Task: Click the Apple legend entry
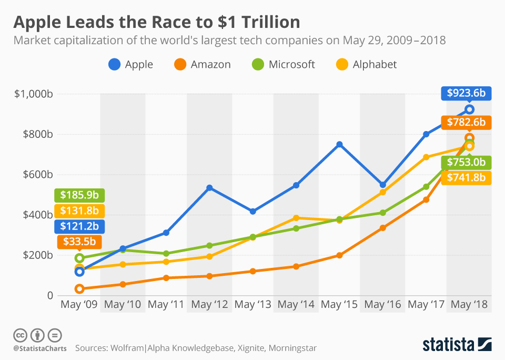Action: (131, 65)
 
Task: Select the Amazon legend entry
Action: (202, 65)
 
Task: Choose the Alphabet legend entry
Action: (367, 65)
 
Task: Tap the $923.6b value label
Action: (466, 94)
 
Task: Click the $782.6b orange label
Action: (466, 123)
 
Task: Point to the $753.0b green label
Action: (466, 162)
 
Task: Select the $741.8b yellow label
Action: (466, 177)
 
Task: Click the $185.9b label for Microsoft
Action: (79, 195)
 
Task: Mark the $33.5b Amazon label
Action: (79, 242)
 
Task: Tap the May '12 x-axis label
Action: (209, 304)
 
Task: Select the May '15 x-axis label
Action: (339, 304)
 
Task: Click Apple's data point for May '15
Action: (339, 144)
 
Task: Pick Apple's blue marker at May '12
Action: (209, 188)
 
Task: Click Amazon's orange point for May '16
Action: (383, 228)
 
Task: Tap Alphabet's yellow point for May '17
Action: (426, 157)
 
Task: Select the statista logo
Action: (457, 345)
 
